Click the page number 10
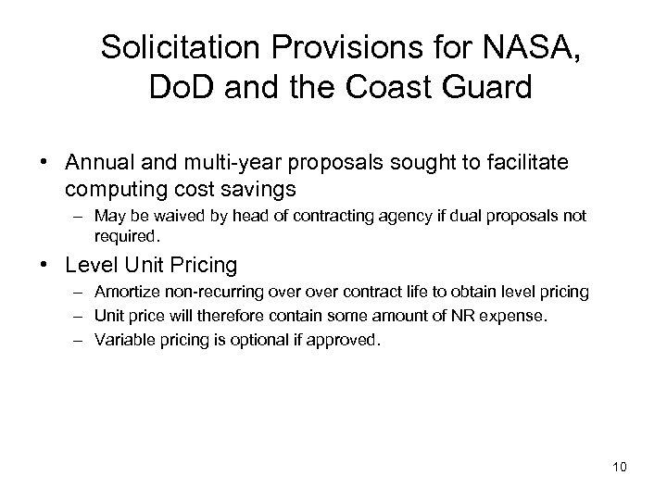pyautogui.click(x=619, y=466)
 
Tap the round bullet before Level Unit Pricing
pyautogui.click(x=47, y=266)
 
